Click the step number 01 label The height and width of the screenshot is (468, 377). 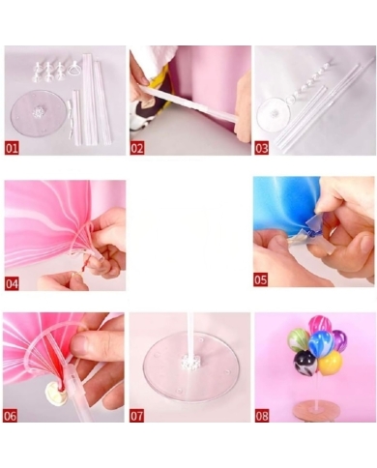13,149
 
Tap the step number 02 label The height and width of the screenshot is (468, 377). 137,149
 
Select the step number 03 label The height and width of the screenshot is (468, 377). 262,149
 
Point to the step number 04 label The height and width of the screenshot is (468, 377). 13,283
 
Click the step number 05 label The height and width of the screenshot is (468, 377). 262,279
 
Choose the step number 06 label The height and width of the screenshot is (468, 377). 13,416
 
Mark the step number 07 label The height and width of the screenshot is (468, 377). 137,416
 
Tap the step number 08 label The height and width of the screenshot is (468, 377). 262,416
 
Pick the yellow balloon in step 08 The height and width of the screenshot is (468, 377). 331,363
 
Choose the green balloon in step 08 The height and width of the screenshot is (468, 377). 299,340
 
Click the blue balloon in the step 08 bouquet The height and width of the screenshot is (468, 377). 320,343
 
